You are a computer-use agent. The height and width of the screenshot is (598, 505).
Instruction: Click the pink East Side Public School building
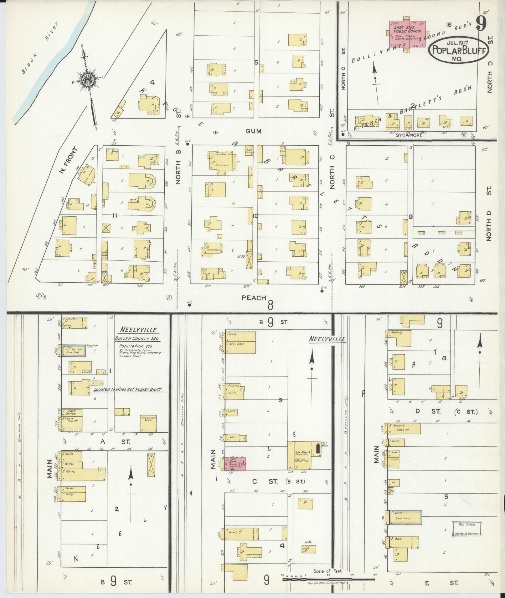point(407,34)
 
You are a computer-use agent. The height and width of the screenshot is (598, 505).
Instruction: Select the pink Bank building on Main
point(235,464)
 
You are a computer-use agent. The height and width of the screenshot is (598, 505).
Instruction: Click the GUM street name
point(253,132)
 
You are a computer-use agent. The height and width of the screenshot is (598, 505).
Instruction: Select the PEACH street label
point(254,298)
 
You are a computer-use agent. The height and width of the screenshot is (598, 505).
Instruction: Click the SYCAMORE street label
point(407,135)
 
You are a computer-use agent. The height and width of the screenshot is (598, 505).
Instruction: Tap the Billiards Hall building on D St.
point(404,429)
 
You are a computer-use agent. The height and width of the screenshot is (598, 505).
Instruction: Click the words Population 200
point(131,346)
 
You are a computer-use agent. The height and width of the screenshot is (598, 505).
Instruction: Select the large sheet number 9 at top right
point(482,23)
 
